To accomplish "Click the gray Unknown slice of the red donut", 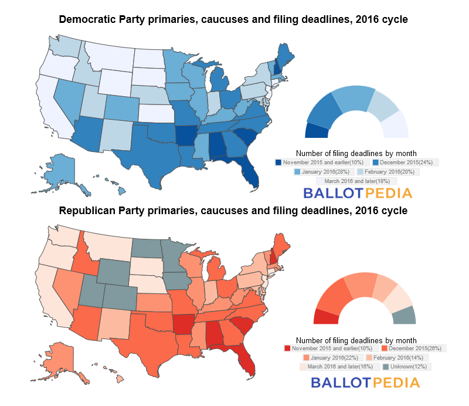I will click(405, 316).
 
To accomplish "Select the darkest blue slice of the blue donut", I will click(316, 130).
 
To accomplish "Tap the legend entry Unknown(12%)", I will click(406, 367).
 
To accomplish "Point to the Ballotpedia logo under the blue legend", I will click(358, 194).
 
